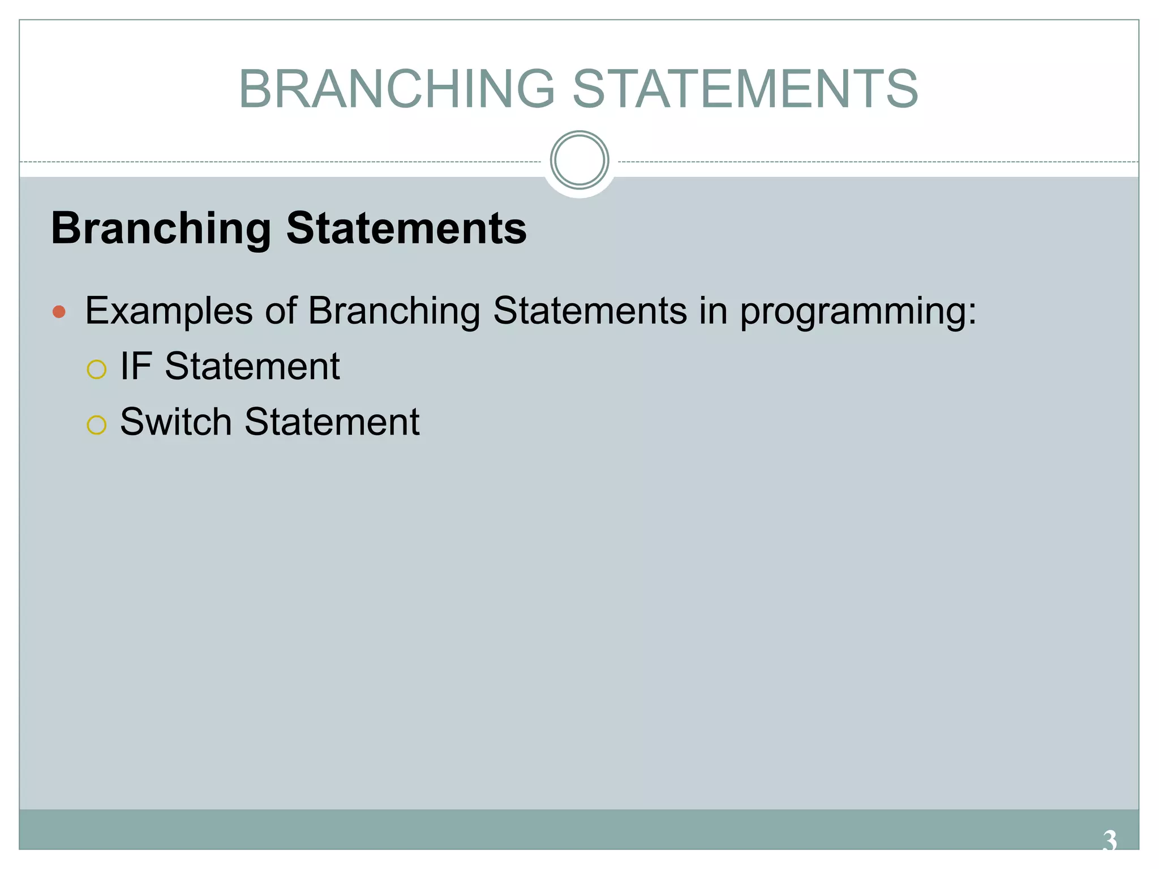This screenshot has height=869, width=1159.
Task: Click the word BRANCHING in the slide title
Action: click(x=396, y=89)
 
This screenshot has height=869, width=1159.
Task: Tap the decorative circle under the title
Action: click(x=579, y=160)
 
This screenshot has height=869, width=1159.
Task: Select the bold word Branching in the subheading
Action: click(x=161, y=229)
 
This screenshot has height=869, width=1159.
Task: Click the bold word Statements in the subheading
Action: click(x=406, y=228)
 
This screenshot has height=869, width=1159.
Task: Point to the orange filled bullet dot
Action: click(x=59, y=312)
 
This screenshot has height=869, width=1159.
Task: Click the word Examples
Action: click(x=169, y=312)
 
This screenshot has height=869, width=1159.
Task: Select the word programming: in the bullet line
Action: click(x=858, y=312)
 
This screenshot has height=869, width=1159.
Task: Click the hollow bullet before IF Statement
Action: click(x=96, y=369)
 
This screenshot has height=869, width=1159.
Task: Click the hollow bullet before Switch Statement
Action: click(x=96, y=425)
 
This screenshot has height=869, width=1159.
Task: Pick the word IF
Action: click(x=136, y=366)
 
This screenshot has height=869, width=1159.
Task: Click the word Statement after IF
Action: click(x=252, y=366)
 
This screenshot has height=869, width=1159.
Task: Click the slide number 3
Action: click(x=1109, y=841)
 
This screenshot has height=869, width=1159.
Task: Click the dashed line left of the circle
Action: click(x=283, y=162)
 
